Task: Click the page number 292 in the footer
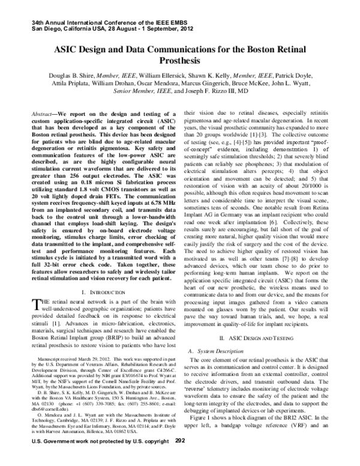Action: click(x=181, y=457)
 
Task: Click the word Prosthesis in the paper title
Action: click(x=180, y=61)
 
